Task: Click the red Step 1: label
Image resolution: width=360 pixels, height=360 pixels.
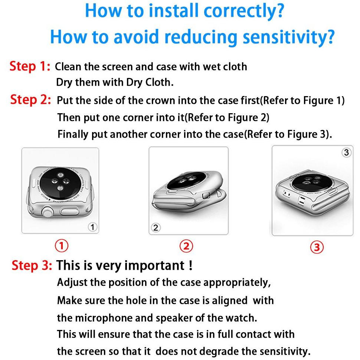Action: coord(30,66)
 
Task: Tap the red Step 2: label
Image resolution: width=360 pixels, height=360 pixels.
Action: coord(30,100)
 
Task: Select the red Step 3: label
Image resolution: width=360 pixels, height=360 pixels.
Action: coord(32,265)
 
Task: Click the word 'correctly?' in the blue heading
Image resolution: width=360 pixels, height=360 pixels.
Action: coord(244,11)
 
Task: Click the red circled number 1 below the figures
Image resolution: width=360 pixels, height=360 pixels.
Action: coord(62,245)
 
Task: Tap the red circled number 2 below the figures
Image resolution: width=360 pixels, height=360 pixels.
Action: coord(186,246)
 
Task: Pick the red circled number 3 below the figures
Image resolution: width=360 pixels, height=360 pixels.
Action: coord(317,247)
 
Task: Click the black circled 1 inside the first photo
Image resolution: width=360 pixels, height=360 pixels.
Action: coord(92,227)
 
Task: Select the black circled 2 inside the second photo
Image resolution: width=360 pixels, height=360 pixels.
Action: coord(156,228)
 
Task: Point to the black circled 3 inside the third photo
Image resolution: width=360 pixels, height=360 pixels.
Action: coord(347,153)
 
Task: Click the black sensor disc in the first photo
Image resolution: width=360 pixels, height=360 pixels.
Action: coord(60,184)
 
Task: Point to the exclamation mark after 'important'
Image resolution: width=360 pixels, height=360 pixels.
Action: coord(190,265)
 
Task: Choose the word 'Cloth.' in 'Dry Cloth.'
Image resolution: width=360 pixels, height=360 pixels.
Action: coord(159,82)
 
